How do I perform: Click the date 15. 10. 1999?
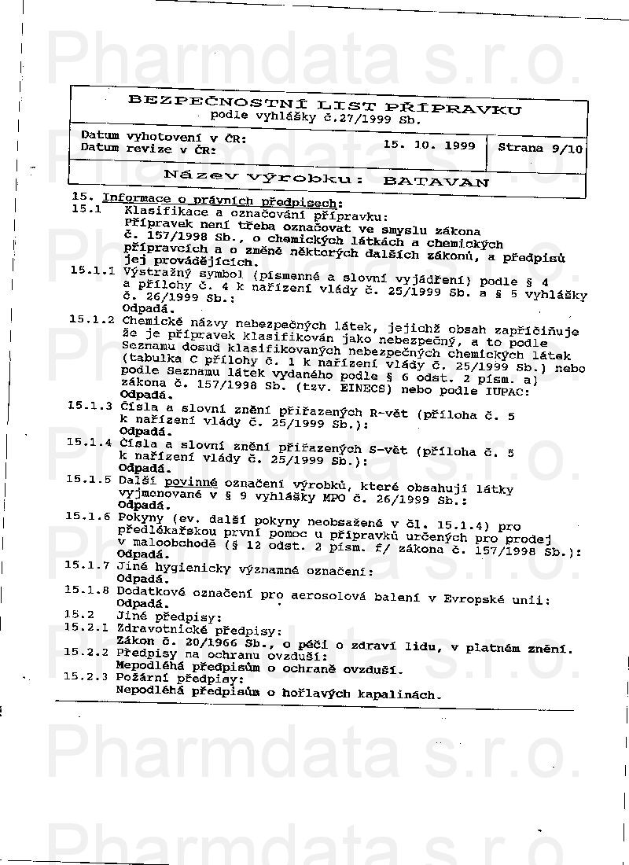429,145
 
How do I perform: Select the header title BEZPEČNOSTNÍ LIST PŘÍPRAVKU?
324,106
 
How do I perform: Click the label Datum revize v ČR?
149,148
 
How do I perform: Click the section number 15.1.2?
92,320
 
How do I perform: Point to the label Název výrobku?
263,178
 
